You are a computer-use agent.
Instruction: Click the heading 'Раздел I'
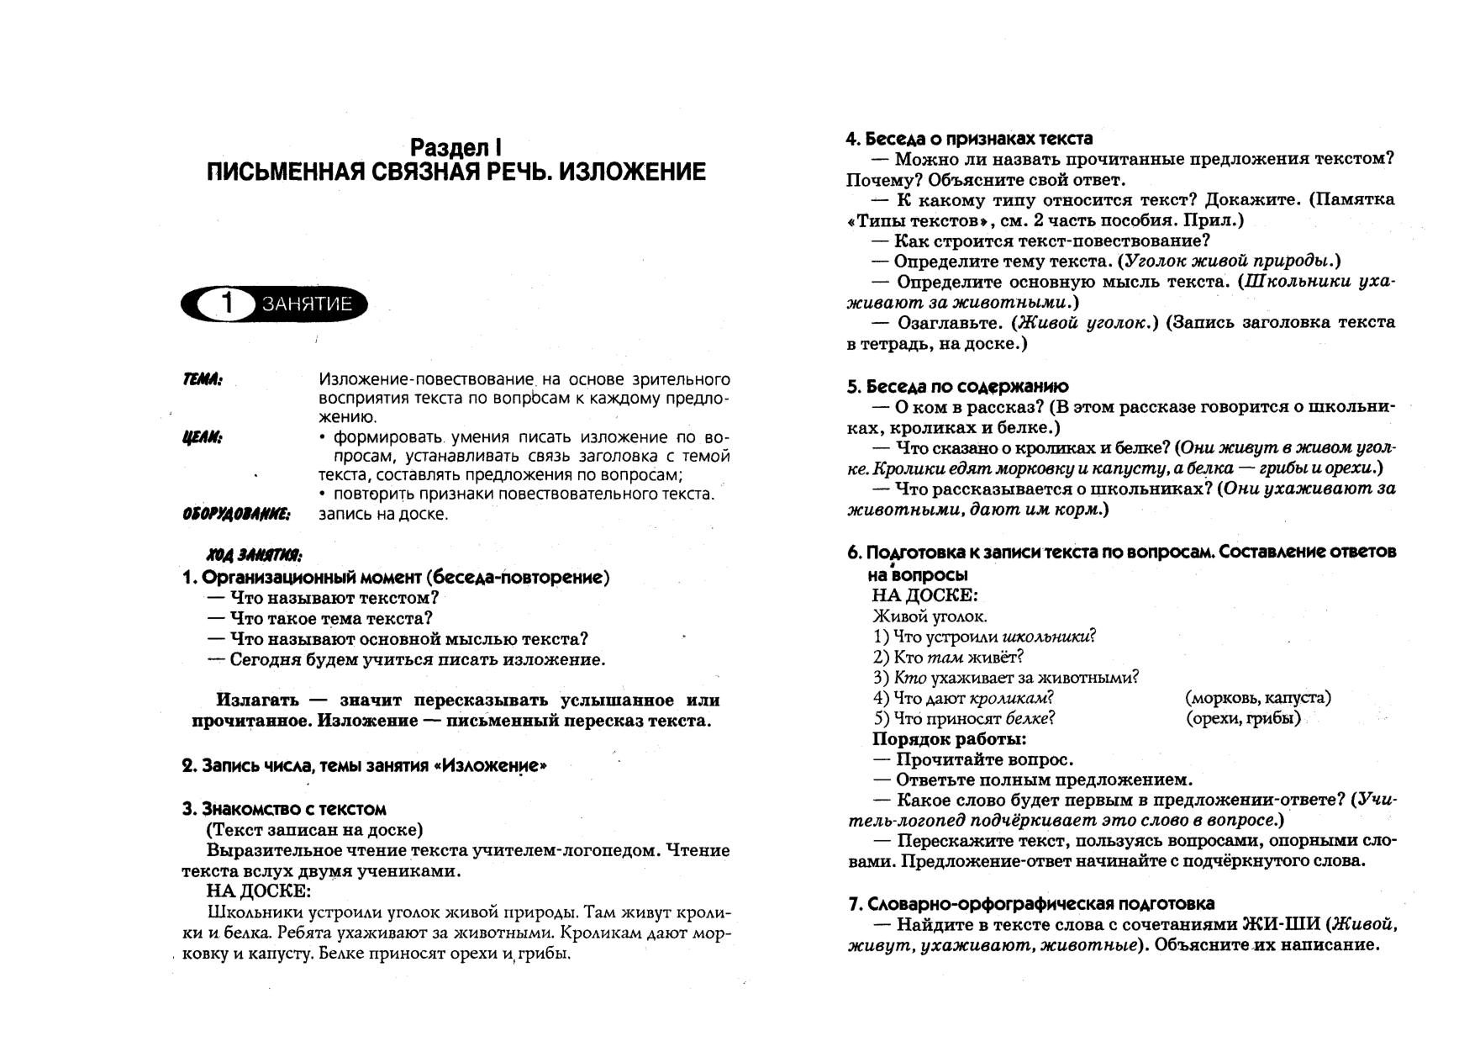pos(456,147)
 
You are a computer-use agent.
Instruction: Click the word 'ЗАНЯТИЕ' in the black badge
pos(307,304)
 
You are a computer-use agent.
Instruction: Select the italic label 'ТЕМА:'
pos(203,380)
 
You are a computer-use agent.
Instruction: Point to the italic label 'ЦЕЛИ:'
pos(203,437)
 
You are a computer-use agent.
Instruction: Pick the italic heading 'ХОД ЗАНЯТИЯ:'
pos(255,556)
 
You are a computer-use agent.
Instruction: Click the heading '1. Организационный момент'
pos(395,578)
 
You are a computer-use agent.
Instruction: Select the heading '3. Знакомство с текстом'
pos(284,809)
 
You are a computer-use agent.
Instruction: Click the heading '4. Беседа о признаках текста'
pos(968,139)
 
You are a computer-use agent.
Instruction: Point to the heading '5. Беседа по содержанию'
pos(957,387)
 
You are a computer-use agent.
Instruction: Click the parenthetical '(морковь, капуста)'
pos(1257,698)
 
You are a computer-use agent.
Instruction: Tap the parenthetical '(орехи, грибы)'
pos(1243,718)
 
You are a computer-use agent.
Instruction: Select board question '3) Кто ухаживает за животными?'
pos(1006,678)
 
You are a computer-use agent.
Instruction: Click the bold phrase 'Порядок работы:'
pos(949,739)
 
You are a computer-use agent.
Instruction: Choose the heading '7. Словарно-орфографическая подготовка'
pos(1031,904)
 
